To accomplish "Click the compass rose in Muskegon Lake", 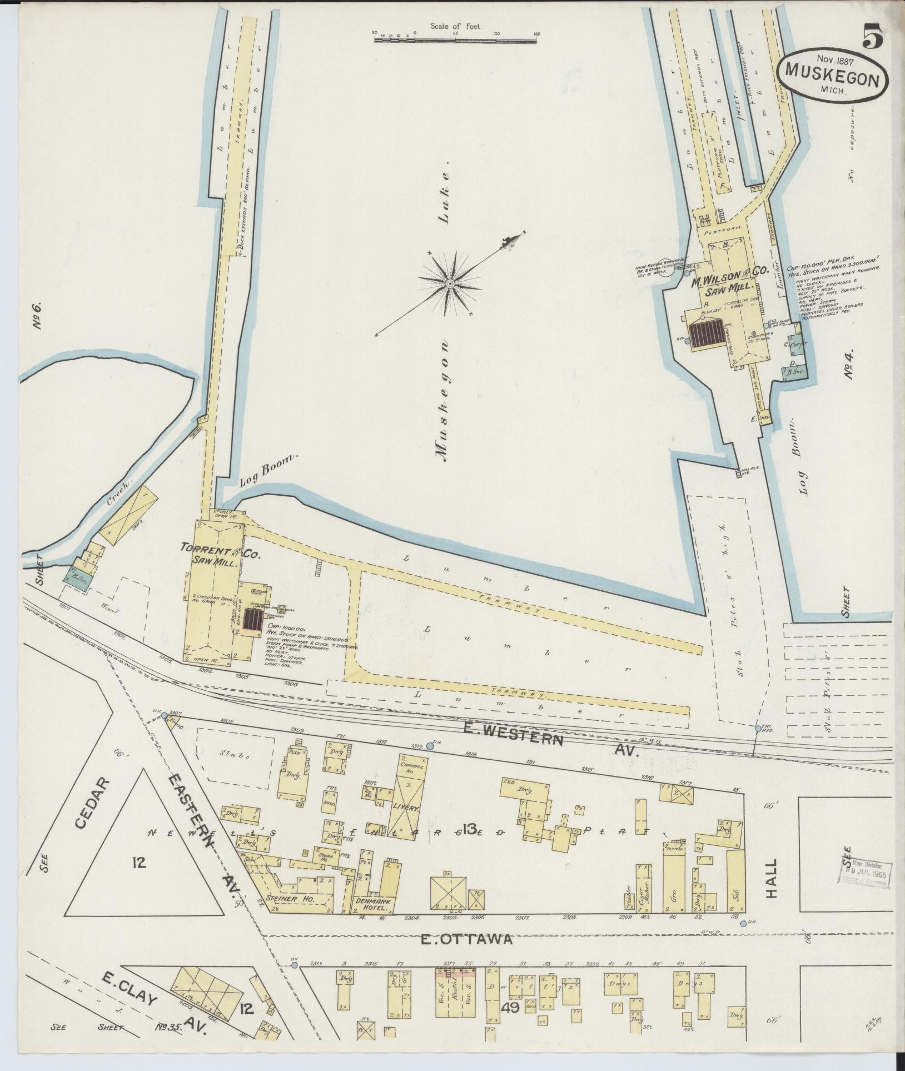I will tap(449, 284).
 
